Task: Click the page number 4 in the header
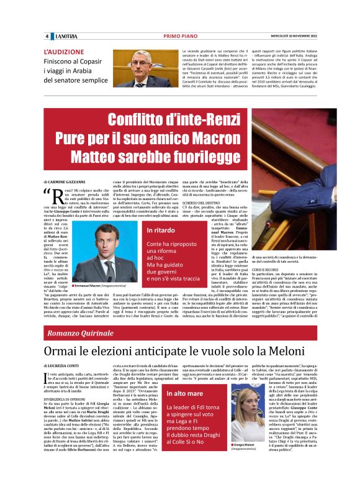pyautogui.click(x=47, y=37)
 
